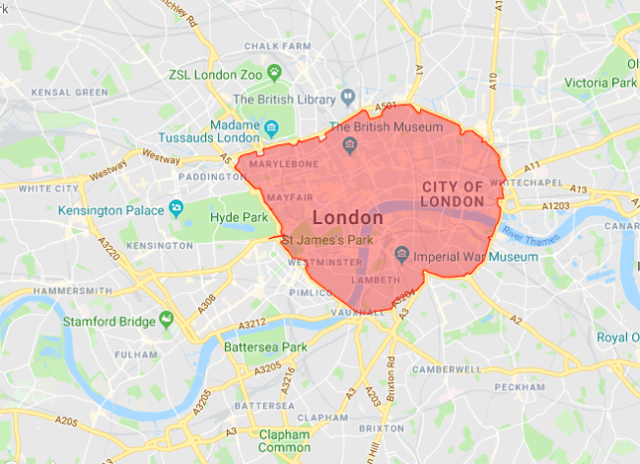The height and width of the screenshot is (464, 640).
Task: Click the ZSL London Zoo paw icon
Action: coord(274,72)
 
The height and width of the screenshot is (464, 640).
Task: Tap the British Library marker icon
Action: coord(348,99)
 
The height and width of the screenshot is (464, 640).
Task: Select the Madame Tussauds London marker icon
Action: coord(271,127)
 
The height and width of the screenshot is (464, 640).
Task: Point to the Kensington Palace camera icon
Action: coord(177,208)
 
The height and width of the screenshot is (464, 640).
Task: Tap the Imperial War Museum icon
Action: coord(402,256)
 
